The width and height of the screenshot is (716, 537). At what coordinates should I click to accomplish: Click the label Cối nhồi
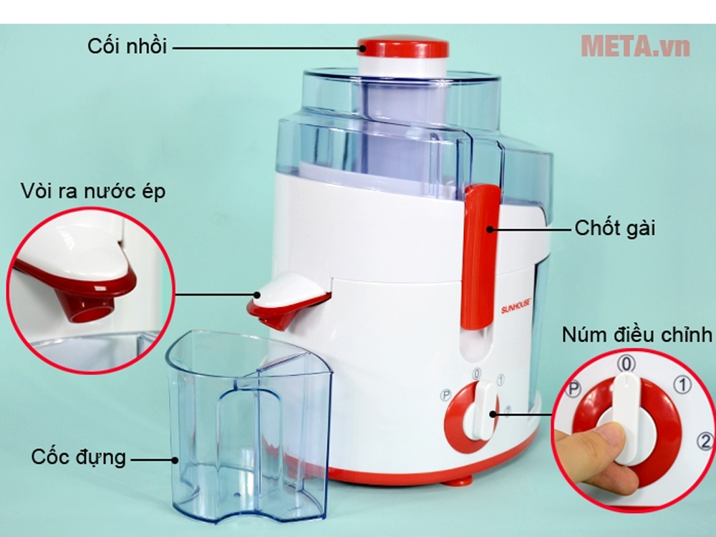(127, 47)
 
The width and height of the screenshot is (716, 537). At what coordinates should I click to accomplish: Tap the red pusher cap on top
(402, 47)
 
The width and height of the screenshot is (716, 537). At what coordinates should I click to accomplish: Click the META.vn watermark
(635, 46)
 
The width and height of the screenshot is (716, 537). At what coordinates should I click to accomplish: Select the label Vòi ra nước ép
(92, 191)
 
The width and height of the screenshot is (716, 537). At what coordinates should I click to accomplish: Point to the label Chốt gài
(614, 228)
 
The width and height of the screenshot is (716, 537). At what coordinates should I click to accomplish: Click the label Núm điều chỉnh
(637, 334)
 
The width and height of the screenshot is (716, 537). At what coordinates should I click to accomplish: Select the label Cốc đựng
(79, 457)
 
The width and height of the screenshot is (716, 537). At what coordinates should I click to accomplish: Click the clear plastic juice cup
(249, 427)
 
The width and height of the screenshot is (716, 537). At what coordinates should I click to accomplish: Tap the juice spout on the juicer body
(287, 301)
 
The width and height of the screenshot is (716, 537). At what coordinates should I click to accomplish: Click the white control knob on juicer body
(480, 410)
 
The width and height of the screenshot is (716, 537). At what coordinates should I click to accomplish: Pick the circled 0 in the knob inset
(626, 364)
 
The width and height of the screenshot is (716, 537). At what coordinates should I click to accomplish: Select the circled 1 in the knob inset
(682, 385)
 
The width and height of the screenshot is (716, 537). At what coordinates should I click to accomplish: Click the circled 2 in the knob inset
(705, 441)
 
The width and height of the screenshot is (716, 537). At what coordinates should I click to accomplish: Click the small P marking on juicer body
(445, 395)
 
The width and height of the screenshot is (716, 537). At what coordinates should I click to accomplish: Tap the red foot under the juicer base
(458, 480)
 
